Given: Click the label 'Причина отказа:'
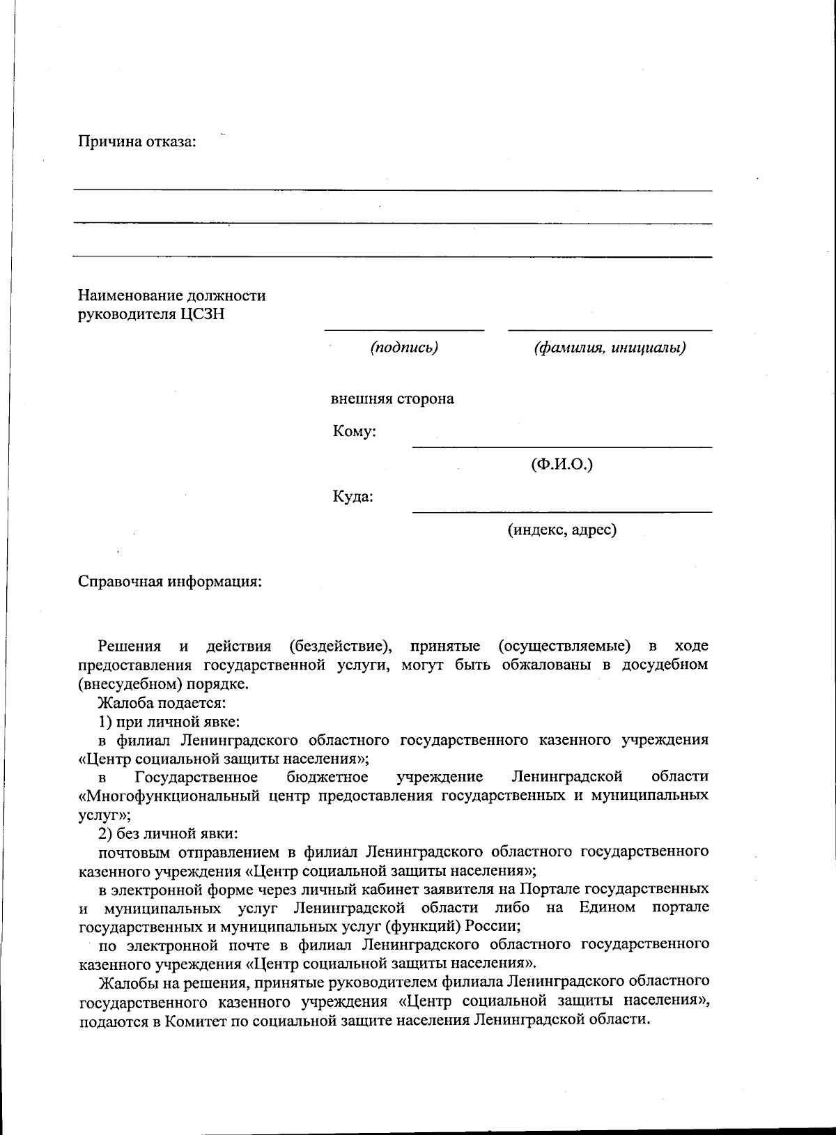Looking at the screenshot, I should point(137,142).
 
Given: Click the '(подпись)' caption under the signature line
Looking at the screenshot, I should point(404,347).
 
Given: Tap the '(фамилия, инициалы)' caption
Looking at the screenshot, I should point(610,347).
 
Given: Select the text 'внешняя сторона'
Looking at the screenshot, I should point(392,399).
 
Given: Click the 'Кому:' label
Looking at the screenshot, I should point(355,432).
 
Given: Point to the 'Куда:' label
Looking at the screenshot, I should point(353,497).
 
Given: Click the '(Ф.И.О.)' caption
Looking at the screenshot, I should point(562,464).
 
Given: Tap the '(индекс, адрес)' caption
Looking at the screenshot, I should point(562,530).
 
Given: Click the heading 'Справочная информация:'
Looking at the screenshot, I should point(169,582).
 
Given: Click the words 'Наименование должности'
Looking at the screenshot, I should point(171,295).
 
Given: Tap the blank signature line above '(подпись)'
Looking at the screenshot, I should point(404,330).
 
